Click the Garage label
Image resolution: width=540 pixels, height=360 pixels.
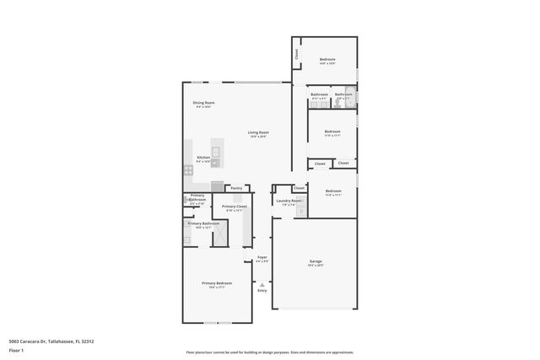[x=315, y=261]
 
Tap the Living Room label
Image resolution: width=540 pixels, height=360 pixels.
[x=258, y=132]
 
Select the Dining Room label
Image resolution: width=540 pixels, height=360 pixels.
[x=204, y=103]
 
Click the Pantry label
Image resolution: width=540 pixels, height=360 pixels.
[x=236, y=188]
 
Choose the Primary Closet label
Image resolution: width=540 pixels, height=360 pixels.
[x=235, y=207]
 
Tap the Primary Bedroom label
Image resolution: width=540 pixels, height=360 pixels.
[x=216, y=283]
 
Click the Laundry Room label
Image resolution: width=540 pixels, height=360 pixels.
[x=289, y=201]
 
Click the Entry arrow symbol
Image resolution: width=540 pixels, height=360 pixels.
[x=262, y=285]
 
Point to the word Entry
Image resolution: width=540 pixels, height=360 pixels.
[x=262, y=291]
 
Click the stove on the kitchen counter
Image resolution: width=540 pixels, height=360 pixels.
[x=188, y=170]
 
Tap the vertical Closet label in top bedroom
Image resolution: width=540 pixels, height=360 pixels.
[x=297, y=53]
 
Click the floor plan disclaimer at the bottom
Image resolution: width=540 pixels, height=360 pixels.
[x=270, y=353]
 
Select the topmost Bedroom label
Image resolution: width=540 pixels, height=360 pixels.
[x=327, y=59]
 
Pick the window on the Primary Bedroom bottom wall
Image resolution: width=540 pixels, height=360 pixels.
[x=218, y=322]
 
